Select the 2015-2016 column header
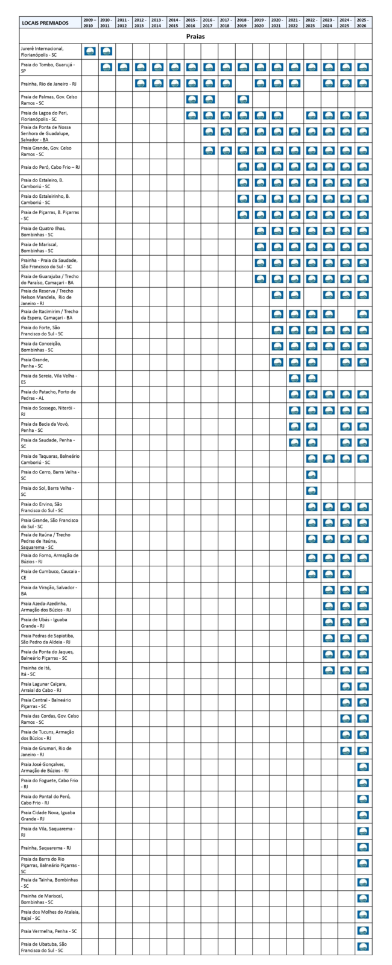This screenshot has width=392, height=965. [x=192, y=23]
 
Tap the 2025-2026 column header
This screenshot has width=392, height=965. [x=363, y=23]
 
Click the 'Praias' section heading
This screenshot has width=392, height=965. [x=195, y=36]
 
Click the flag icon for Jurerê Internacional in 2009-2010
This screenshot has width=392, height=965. [x=89, y=51]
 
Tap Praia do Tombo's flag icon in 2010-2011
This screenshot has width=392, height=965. [x=106, y=68]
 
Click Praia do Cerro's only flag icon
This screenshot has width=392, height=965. [x=312, y=474]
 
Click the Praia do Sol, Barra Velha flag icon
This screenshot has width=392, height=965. [x=312, y=490]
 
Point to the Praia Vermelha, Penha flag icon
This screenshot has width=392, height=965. [x=363, y=931]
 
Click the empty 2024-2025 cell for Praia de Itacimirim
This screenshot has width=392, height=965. [x=346, y=314]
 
